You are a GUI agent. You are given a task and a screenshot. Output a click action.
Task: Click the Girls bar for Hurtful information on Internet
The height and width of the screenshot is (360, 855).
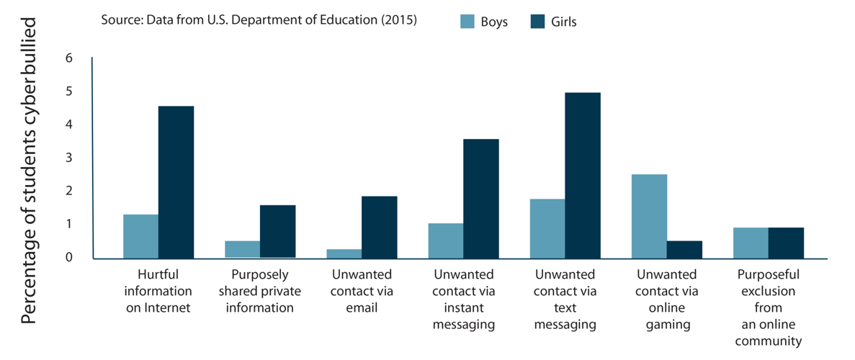176,181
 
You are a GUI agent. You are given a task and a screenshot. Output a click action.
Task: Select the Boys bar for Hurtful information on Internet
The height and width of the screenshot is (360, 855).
141,236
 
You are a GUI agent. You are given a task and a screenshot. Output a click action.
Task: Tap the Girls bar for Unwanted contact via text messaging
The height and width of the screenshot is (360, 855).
583,175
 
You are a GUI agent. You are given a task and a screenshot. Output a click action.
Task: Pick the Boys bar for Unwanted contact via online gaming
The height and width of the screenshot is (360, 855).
649,216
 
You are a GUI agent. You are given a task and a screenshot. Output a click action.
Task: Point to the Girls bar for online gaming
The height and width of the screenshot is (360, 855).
684,249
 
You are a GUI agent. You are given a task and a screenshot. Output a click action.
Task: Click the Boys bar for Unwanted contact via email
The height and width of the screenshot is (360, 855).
344,253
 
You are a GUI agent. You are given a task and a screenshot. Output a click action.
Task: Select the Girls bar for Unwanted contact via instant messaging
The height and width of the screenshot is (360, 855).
481,198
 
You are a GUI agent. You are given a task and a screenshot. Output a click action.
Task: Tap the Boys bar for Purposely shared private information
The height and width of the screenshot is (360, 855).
243,248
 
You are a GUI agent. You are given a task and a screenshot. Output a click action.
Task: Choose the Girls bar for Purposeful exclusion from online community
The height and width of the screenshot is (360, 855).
786,243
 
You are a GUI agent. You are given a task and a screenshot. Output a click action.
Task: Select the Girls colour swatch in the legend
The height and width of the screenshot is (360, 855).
537,22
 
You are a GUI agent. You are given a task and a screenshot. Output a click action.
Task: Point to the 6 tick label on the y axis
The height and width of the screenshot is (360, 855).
69,58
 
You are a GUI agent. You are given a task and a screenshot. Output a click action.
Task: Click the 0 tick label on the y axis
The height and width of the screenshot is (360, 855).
69,257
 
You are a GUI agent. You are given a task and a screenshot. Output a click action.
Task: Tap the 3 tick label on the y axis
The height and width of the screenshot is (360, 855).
69,158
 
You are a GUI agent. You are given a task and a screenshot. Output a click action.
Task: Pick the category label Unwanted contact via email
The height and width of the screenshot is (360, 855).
362,291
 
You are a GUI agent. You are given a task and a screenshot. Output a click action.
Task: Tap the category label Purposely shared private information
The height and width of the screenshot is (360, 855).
260,291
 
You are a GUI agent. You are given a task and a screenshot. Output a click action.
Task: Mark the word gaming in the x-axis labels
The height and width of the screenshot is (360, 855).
668,324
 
